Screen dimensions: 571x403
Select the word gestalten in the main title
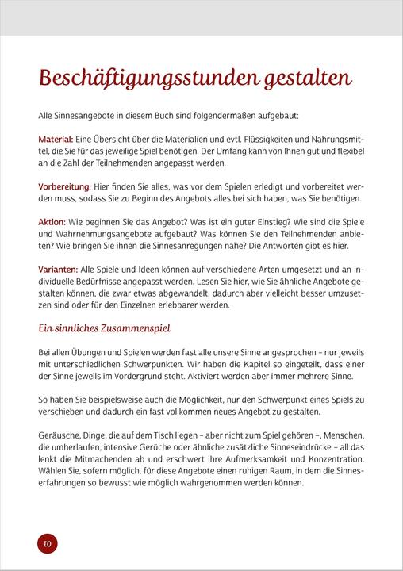click(x=304, y=79)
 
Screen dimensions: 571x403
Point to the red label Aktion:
click(x=52, y=223)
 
